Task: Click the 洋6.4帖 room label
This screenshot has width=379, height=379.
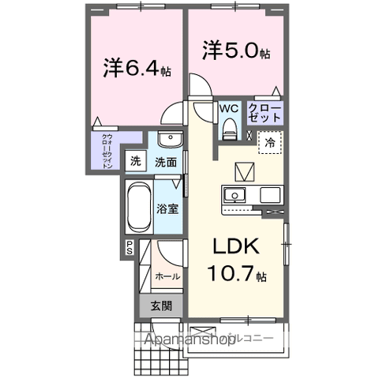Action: (137, 69)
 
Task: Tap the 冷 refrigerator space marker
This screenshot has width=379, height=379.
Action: (269, 144)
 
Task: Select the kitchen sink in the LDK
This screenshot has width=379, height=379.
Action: (235, 195)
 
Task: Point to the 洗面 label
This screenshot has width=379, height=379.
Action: (165, 163)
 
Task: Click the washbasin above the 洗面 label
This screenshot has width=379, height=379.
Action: (168, 141)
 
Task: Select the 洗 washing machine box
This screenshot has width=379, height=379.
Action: (137, 161)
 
